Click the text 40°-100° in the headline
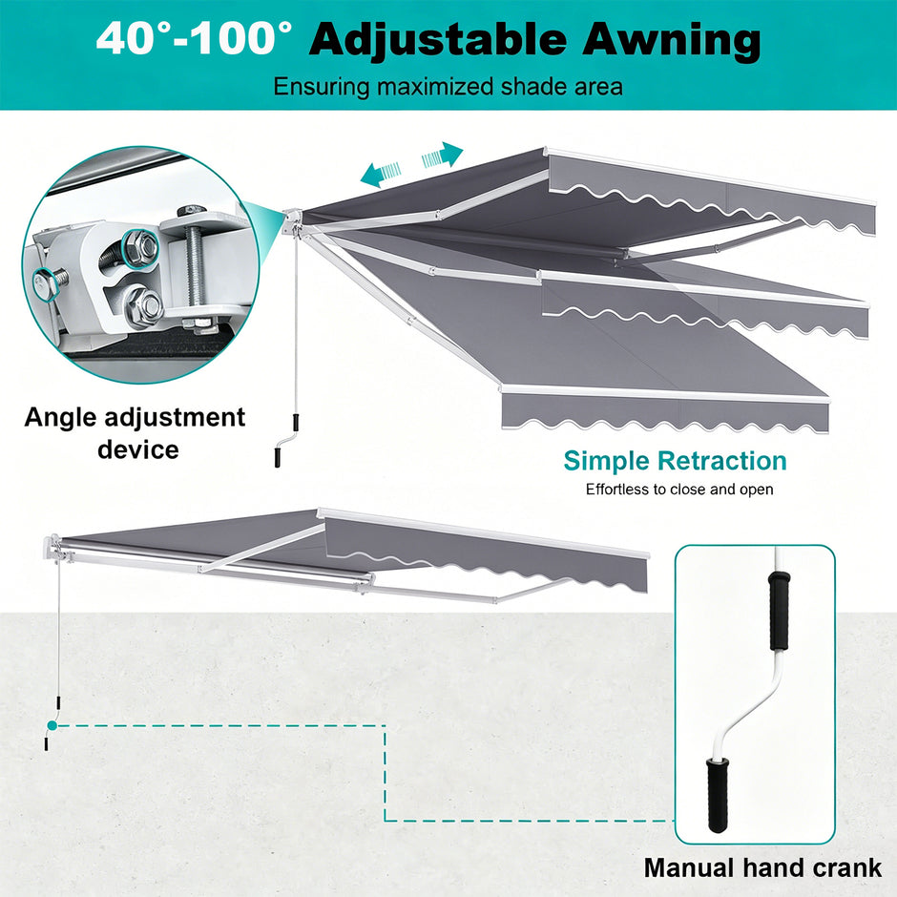point(195,38)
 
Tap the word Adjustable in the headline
point(438,40)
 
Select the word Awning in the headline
point(671,40)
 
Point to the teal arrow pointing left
point(381,174)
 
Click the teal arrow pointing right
point(442,156)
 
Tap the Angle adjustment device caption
point(135,433)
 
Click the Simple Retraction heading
point(675,461)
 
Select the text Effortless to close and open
point(679,490)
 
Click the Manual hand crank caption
point(762,867)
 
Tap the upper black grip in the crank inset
point(778,611)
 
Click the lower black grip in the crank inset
point(717,795)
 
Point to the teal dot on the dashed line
point(52,725)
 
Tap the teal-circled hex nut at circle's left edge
point(44,282)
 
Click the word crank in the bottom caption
point(847,867)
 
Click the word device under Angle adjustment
point(137,449)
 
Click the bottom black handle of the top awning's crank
point(278,458)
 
